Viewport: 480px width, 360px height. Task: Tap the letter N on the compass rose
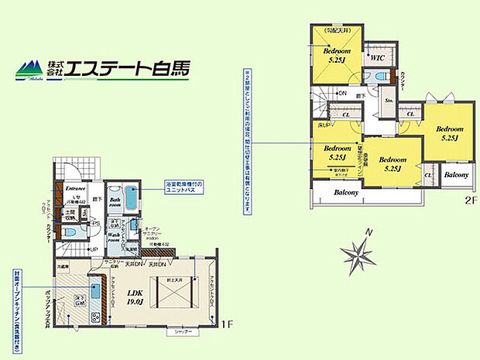coord(370,231)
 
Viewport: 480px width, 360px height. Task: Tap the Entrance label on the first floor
coord(75,187)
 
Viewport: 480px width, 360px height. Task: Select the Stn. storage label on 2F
coord(389,100)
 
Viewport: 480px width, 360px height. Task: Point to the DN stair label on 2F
coord(341,94)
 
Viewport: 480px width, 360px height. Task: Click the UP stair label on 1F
coord(93,250)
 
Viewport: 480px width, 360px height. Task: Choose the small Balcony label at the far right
coord(455,175)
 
